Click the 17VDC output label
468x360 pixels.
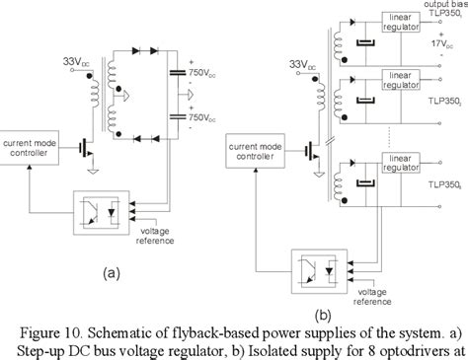(440, 42)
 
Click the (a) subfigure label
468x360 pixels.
(110, 270)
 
